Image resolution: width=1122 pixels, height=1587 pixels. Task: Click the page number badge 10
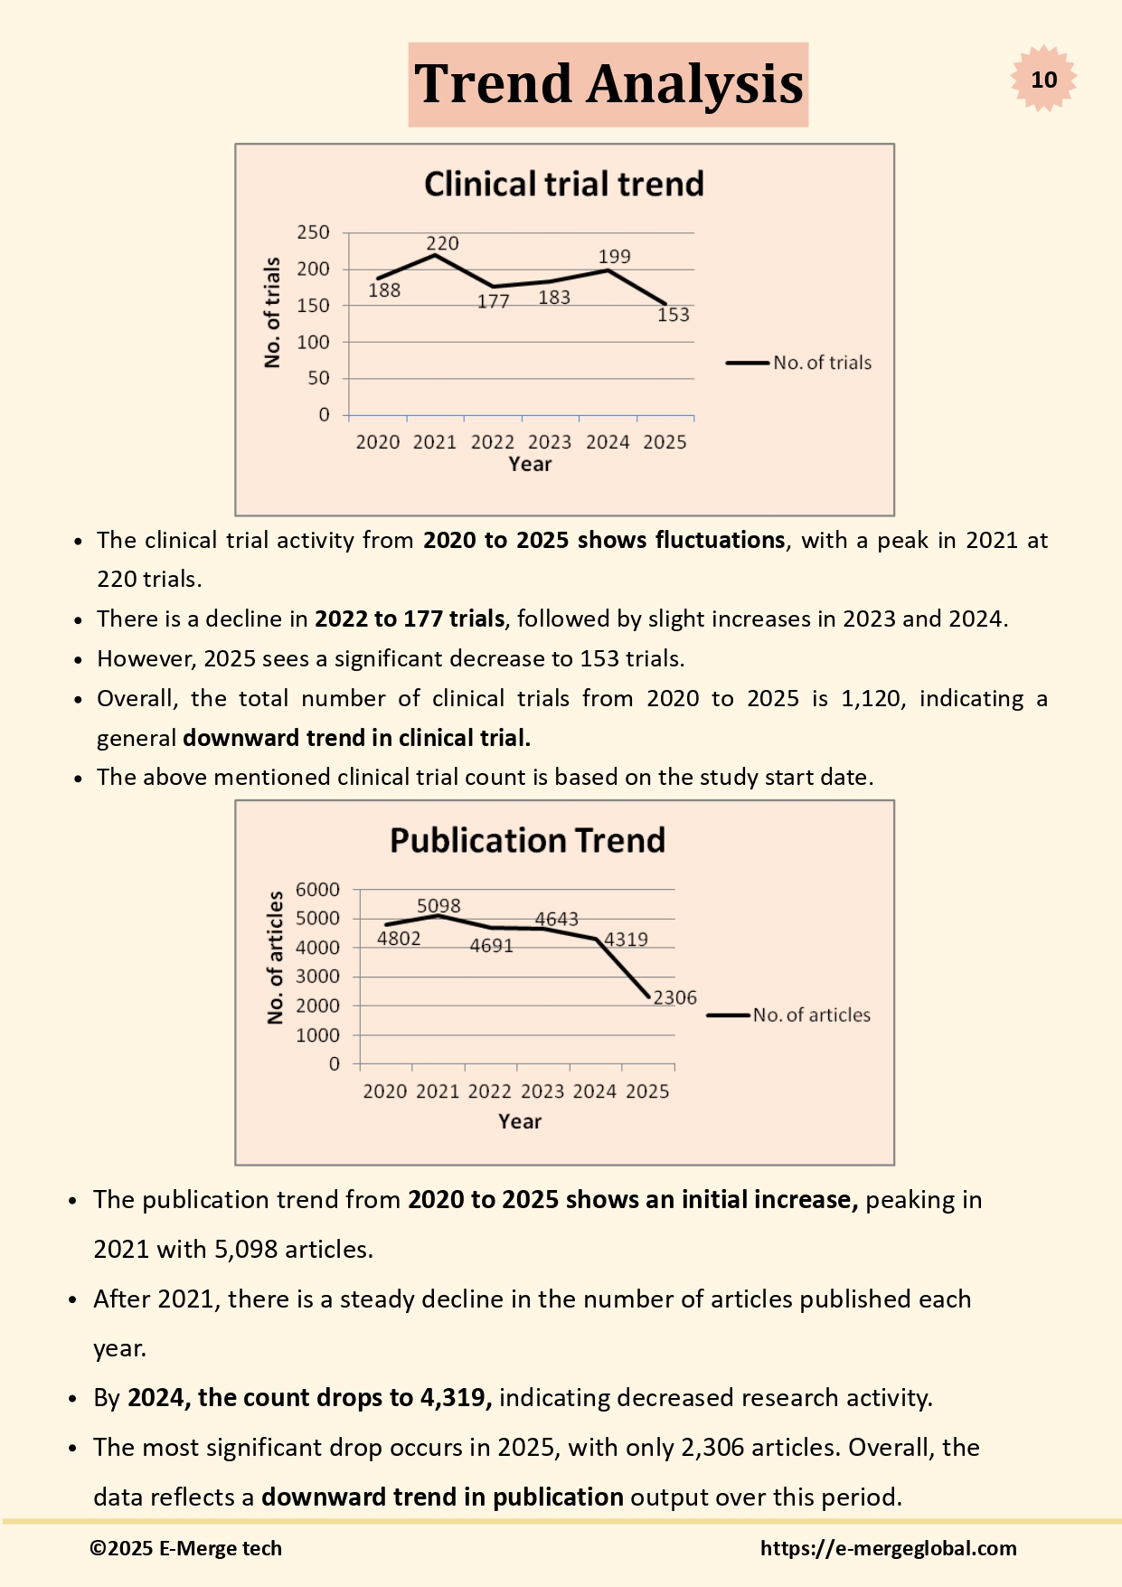1043,80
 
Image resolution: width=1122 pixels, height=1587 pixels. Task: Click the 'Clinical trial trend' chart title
563,184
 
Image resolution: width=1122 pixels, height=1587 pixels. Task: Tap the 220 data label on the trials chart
442,243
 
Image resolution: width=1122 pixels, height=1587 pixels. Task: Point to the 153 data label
673,315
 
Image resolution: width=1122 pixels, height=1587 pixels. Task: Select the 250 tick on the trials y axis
313,232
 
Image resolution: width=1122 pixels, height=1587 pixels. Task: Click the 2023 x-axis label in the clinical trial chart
550,442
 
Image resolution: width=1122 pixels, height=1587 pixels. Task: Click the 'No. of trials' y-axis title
272,313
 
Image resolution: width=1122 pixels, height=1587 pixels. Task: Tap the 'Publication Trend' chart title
527,841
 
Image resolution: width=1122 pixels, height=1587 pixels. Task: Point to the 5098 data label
438,905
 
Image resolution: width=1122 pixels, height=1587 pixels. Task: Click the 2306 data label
674,997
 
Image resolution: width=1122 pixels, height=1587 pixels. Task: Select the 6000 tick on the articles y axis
317,890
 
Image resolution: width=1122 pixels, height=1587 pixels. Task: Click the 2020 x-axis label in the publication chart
385,1091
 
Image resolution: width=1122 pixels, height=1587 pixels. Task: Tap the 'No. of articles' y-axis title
275,958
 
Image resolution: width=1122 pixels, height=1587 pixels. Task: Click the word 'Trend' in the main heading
494,84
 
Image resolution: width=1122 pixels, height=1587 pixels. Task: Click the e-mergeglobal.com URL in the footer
888,1548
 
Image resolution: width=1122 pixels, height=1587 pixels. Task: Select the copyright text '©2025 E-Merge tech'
185,1548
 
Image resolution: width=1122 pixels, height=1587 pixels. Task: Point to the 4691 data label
491,946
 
